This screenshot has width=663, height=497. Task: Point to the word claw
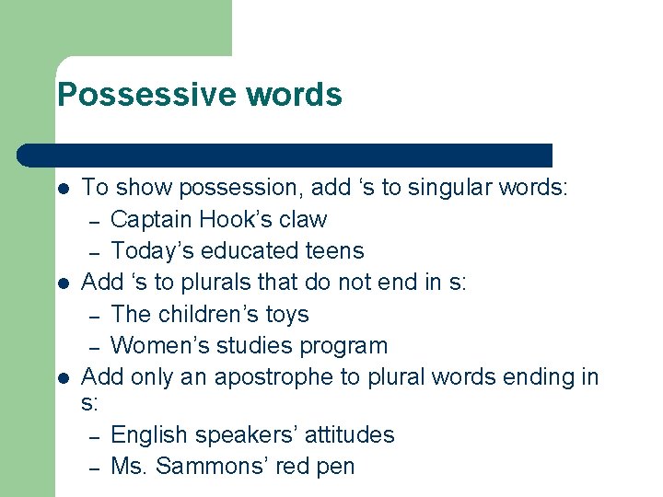pos(305,220)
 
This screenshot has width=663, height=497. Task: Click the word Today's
pos(148,251)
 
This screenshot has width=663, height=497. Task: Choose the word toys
pos(288,315)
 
